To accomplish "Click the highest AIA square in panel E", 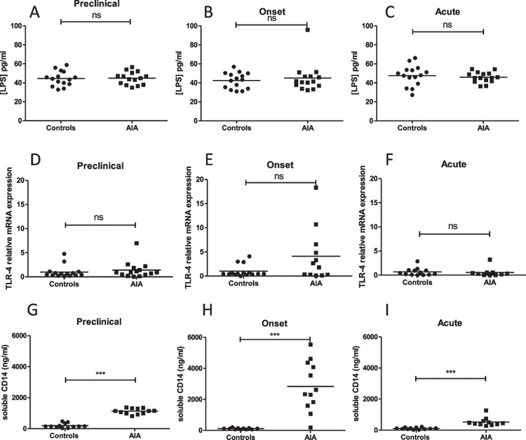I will click(x=306, y=187).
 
